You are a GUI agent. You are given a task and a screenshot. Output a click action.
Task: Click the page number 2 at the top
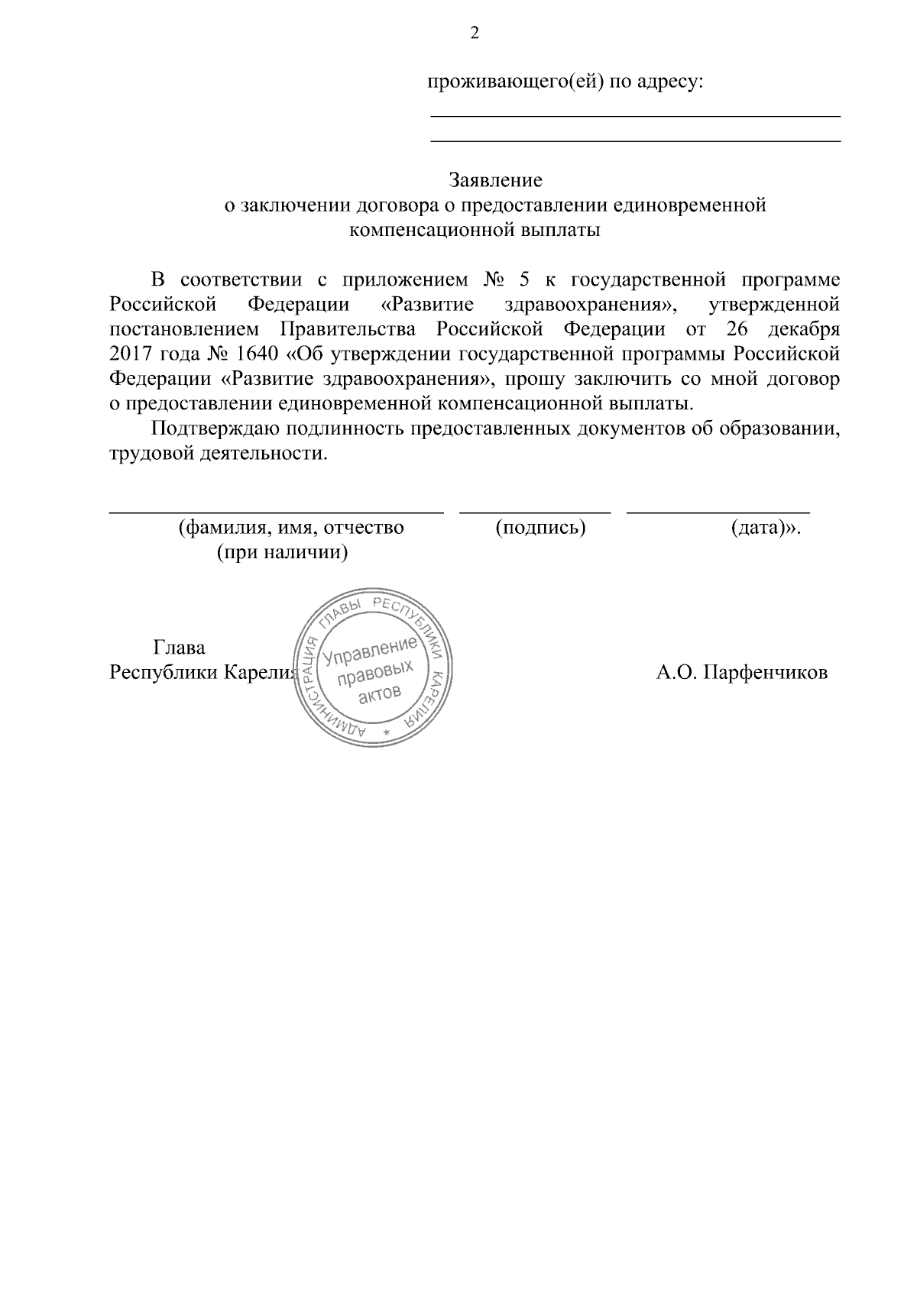pyautogui.click(x=474, y=34)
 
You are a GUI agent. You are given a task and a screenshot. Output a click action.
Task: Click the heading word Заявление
pyautogui.click(x=495, y=180)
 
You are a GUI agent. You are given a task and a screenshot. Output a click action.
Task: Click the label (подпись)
pyautogui.click(x=540, y=527)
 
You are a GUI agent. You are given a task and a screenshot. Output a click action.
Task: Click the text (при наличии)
pyautogui.click(x=283, y=551)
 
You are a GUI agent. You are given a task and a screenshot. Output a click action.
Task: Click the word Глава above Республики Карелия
pyautogui.click(x=180, y=648)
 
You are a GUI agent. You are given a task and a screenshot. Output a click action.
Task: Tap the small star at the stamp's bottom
pyautogui.click(x=386, y=734)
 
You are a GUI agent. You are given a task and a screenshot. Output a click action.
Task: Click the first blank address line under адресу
pyautogui.click(x=635, y=115)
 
